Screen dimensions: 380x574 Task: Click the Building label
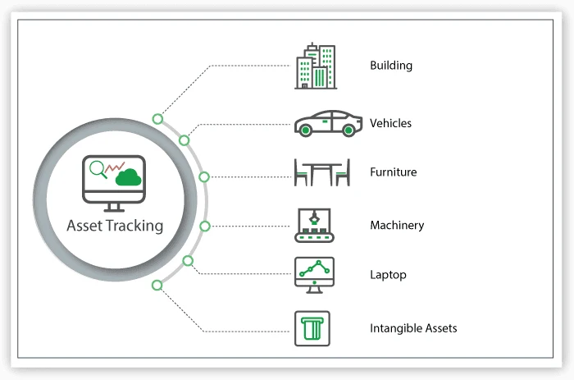click(391, 66)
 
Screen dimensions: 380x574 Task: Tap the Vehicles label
click(390, 123)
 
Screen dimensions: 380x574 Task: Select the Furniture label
click(393, 172)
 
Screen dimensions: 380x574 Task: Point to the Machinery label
click(397, 225)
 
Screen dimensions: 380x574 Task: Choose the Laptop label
click(388, 275)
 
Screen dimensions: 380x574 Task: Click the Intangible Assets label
click(413, 328)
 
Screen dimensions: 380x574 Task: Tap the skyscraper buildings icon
click(316, 66)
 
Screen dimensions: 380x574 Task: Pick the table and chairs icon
click(322, 172)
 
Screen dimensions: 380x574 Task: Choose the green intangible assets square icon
click(312, 328)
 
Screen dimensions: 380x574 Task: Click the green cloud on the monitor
click(130, 176)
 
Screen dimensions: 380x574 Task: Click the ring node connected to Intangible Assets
click(157, 285)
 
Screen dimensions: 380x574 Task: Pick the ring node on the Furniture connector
click(204, 176)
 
